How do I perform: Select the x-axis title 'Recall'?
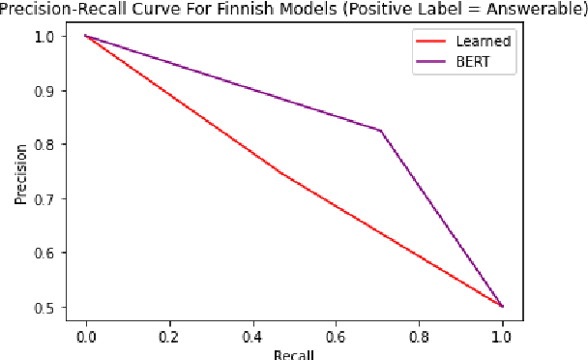[x=294, y=353]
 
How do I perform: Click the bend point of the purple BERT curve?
[x=380, y=131]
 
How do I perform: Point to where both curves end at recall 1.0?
[x=502, y=306]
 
